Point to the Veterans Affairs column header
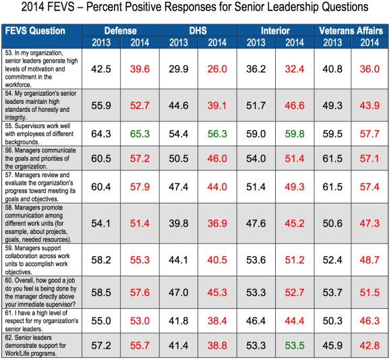pos(351,31)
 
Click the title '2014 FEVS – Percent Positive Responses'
pos(195,9)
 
